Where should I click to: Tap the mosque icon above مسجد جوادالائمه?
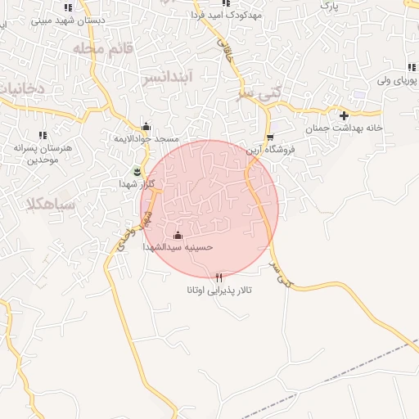pyautogui.click(x=146, y=127)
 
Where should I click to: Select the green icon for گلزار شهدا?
pyautogui.click(x=137, y=172)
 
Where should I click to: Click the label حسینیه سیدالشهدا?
pyautogui.click(x=178, y=246)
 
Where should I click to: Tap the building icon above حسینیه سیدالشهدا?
pyautogui.click(x=178, y=234)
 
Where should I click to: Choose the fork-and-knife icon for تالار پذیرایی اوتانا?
pyautogui.click(x=219, y=277)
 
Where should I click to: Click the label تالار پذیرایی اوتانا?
pyautogui.click(x=219, y=291)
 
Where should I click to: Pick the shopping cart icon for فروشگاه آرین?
pyautogui.click(x=270, y=137)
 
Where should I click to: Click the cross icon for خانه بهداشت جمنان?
pyautogui.click(x=344, y=115)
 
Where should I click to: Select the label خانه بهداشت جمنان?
pyautogui.click(x=345, y=128)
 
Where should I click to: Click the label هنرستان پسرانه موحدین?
pyautogui.click(x=39, y=153)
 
